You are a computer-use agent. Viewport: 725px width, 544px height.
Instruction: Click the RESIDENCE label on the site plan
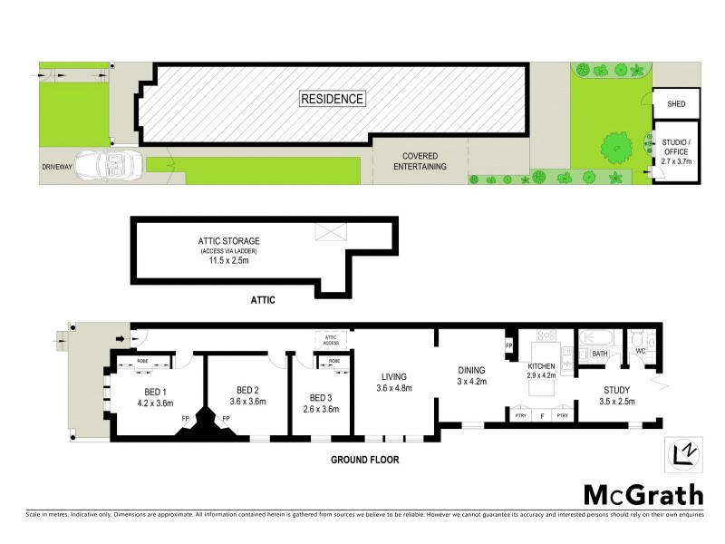tap(333, 99)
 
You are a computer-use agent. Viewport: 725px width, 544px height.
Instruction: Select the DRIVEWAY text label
tap(56, 168)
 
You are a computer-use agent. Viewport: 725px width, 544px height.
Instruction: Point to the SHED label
tap(676, 104)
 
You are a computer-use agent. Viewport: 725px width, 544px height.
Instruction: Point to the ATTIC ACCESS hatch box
tap(330, 339)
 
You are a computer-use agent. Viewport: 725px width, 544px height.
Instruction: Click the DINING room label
tap(471, 370)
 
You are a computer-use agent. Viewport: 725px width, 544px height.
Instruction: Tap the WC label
tap(639, 352)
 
